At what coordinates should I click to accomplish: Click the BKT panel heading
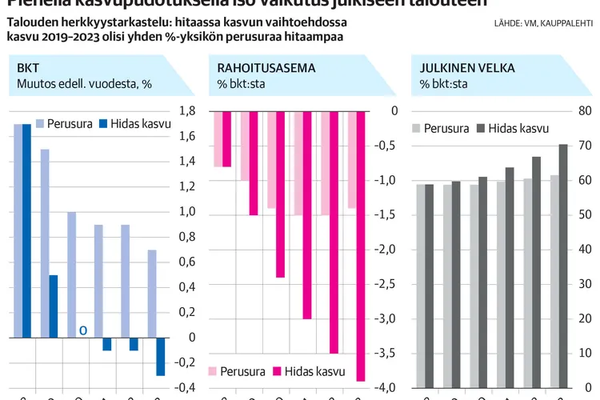pos(17,68)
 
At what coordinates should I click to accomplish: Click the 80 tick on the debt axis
pos(585,111)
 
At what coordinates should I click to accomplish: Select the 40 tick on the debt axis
pos(585,250)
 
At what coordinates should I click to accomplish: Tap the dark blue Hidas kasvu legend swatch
pos(102,124)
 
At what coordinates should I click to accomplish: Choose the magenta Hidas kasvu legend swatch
pos(279,371)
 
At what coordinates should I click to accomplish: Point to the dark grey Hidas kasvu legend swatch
pos(480,128)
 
